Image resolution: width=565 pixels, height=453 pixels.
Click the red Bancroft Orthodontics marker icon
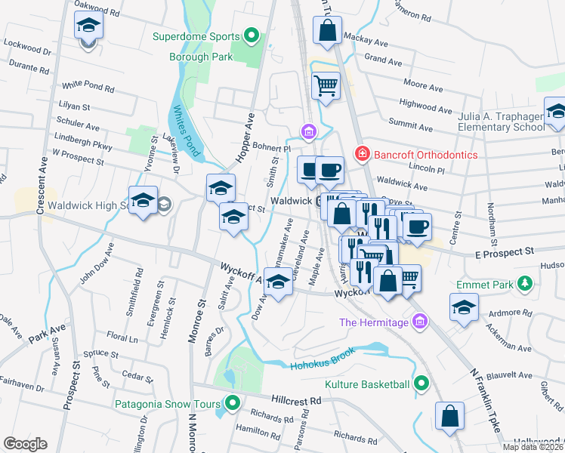coord(363,154)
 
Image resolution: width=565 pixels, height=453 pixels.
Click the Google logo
coord(25,443)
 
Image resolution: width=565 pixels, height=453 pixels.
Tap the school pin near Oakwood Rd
coord(89,26)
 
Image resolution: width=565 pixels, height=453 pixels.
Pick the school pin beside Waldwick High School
coord(143,202)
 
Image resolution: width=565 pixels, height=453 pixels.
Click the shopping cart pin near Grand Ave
coord(326,86)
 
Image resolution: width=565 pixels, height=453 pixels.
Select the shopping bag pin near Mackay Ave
coord(327,31)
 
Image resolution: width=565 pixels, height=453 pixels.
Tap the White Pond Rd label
coord(88,88)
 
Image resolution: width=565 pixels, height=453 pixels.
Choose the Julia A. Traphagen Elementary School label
coord(501,122)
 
